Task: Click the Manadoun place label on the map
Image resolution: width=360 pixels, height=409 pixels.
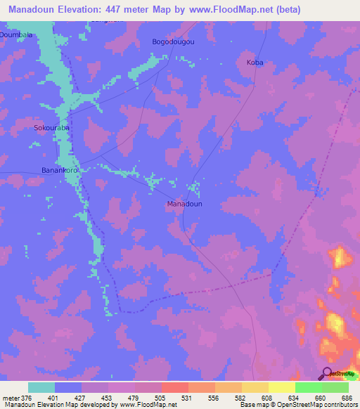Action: tap(185, 204)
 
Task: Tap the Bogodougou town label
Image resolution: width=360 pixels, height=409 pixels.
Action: tap(173, 42)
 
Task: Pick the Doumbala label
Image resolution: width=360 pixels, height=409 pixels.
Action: tap(17, 34)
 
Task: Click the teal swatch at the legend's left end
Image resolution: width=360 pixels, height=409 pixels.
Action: tap(41, 387)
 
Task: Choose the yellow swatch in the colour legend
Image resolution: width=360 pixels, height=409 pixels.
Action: tap(281, 387)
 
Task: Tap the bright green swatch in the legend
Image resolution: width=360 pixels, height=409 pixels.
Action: tap(308, 387)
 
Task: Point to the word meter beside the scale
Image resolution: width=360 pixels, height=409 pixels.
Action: tap(11, 398)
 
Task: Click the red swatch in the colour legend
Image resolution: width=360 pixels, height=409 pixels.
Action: tap(174, 387)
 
